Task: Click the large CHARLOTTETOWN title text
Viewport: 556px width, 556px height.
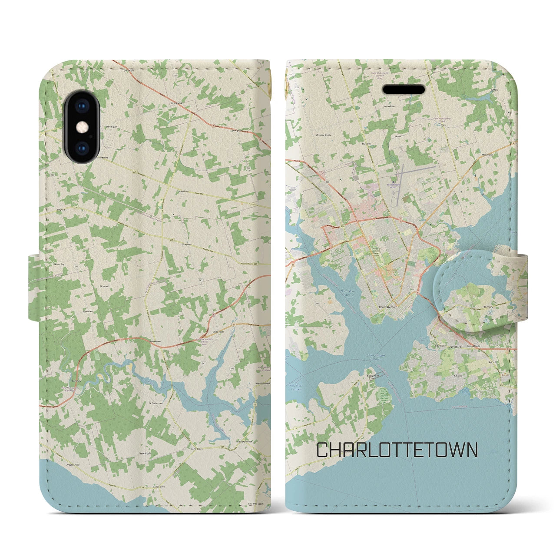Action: pos(397,450)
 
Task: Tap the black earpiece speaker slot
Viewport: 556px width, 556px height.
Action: pos(404,89)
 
